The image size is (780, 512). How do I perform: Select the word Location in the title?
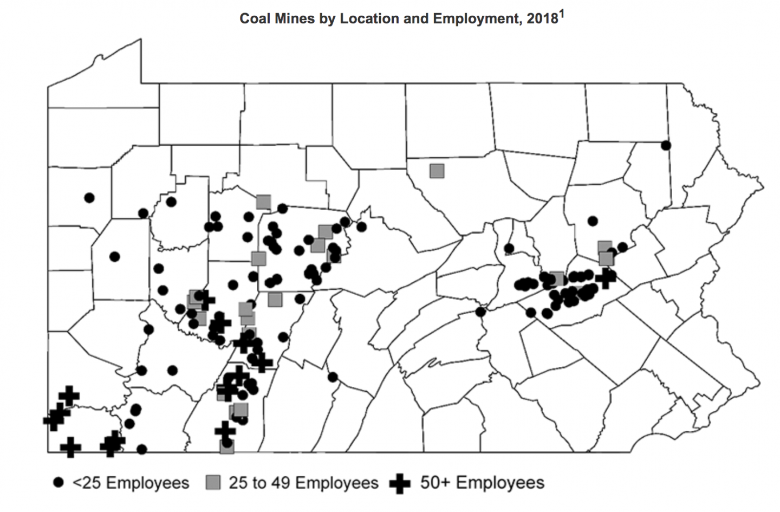coord(356,19)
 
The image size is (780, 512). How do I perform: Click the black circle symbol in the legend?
coord(59,483)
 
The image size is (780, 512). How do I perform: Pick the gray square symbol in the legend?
coord(214,483)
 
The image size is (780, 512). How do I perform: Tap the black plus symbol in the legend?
coord(400,483)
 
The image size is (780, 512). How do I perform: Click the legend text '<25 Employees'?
coord(131,483)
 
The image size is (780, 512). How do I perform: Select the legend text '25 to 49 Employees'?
coord(303,483)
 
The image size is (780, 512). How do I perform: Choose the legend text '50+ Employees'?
coord(482,483)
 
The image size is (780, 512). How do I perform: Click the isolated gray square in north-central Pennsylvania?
coord(437,171)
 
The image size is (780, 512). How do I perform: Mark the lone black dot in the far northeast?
coord(666,145)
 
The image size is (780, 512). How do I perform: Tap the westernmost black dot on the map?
coord(89,198)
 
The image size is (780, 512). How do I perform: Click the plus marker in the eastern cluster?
coord(605,278)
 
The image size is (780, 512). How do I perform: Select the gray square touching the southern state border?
coord(227,446)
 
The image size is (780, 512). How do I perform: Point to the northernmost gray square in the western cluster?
coord(263,202)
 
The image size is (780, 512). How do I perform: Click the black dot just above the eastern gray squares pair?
coord(593,221)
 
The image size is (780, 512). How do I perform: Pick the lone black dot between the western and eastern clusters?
coord(480,312)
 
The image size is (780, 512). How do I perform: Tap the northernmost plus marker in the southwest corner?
coord(69,396)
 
